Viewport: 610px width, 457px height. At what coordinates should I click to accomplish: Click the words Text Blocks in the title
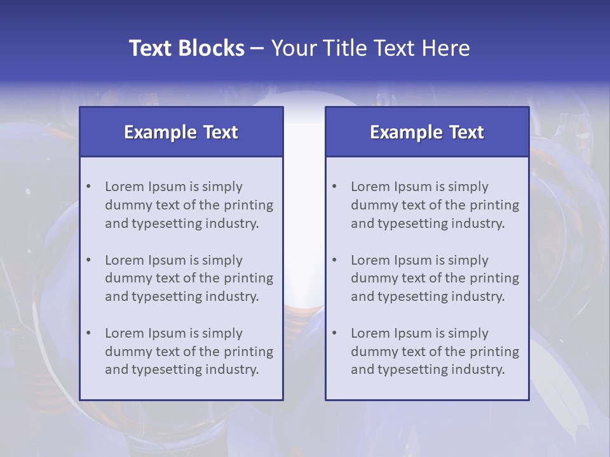coord(186,48)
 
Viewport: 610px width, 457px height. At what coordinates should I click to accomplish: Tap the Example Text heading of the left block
coord(181,132)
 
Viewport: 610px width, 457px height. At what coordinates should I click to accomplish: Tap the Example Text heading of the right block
coord(427,132)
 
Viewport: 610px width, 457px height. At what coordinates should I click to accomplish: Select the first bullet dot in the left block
coord(88,187)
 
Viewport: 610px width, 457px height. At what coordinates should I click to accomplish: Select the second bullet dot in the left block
coord(88,260)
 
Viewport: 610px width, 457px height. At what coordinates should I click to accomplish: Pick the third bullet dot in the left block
coord(88,333)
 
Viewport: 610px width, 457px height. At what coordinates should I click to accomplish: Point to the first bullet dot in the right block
coord(334,187)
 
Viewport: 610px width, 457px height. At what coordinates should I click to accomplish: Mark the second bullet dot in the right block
coord(334,260)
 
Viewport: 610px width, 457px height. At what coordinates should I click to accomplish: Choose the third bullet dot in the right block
coord(334,333)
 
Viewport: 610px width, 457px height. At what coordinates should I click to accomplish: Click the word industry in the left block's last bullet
coord(233,369)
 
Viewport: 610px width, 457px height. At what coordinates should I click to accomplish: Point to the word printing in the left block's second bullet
coord(248,278)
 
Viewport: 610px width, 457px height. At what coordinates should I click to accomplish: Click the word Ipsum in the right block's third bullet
coord(414,333)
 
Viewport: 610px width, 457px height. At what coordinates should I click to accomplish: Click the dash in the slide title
coord(257,48)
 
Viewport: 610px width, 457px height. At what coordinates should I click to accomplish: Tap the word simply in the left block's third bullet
coord(222,333)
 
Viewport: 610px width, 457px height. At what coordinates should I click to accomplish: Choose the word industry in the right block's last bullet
coord(478,369)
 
